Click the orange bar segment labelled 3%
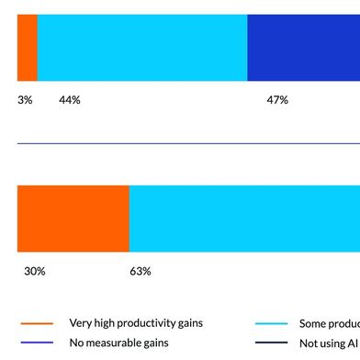(x=28, y=48)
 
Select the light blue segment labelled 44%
(x=142, y=48)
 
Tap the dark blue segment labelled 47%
(x=303, y=48)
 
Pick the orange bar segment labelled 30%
(x=73, y=218)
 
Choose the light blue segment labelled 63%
(x=244, y=218)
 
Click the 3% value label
(x=25, y=99)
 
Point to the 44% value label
(x=70, y=99)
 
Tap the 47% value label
(x=277, y=99)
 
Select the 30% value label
(x=35, y=271)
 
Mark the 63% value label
(x=140, y=271)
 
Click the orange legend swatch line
(x=36, y=323)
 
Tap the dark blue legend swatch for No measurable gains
(x=36, y=343)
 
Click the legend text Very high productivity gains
(x=136, y=323)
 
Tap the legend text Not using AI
(x=329, y=343)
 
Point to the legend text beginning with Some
(x=329, y=323)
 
